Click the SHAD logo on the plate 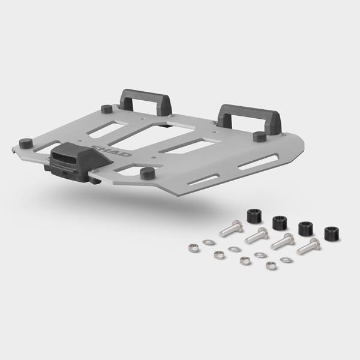click(x=112, y=151)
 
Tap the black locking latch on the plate click(x=78, y=163)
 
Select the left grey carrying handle click(x=146, y=102)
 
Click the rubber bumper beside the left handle click(x=107, y=109)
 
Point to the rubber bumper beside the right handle click(x=260, y=137)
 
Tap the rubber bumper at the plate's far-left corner click(x=25, y=143)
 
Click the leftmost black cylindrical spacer click(x=254, y=215)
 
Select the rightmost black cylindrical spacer click(x=332, y=233)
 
